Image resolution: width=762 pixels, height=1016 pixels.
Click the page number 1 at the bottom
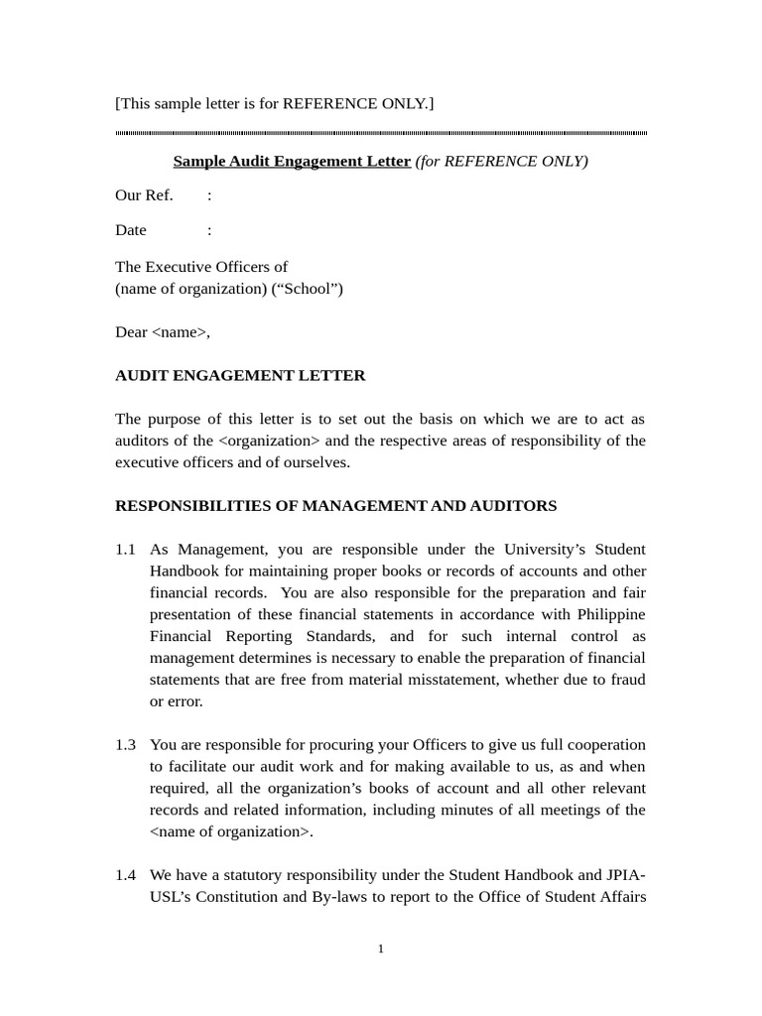[x=381, y=950]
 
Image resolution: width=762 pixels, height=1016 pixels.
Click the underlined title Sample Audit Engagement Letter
[x=292, y=161]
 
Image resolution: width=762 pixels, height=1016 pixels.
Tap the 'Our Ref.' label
[x=144, y=194]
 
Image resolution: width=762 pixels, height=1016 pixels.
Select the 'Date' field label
[x=131, y=230]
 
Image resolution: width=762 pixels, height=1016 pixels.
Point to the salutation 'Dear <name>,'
[x=163, y=332]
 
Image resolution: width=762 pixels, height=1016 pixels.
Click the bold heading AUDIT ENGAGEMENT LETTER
[x=240, y=376]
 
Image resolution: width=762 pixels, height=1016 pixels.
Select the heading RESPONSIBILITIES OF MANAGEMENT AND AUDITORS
[x=336, y=506]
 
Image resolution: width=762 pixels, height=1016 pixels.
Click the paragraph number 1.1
[x=125, y=550]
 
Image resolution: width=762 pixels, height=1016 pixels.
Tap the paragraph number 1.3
[x=125, y=745]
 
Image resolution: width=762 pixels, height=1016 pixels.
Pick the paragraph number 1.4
[x=125, y=875]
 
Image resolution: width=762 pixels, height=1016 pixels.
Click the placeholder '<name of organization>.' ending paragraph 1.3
[x=231, y=831]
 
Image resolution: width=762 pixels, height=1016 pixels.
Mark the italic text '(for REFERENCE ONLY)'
[x=501, y=161]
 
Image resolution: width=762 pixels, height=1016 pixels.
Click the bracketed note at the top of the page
[x=275, y=103]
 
